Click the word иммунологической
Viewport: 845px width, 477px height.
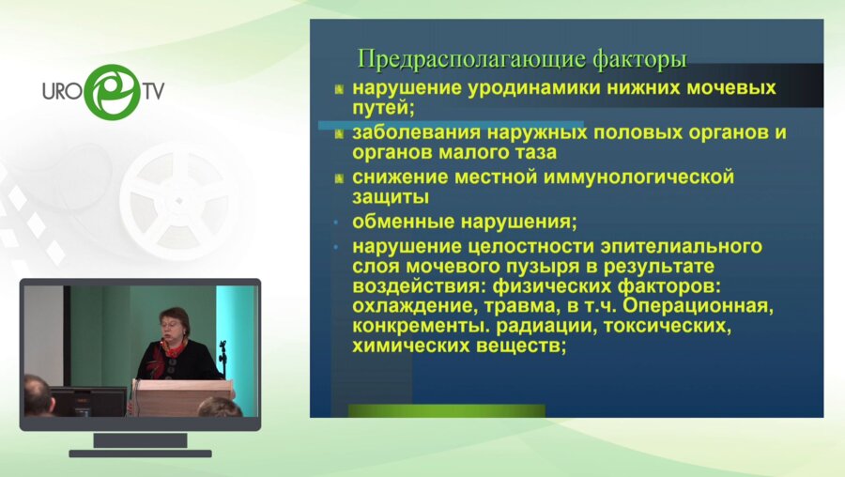point(628,177)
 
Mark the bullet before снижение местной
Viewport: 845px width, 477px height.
point(340,178)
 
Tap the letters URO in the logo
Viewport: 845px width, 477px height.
point(64,92)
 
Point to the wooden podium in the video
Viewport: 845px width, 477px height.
point(183,397)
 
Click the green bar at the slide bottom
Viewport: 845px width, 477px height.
point(446,410)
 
